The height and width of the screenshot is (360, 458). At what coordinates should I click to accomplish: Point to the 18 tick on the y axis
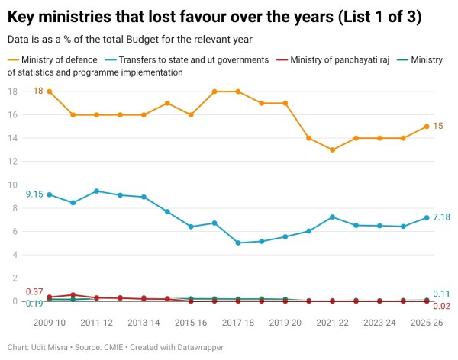point(12,92)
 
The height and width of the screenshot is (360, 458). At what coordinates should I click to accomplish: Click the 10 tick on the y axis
point(12,185)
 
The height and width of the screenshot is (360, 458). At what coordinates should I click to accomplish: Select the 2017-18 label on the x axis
point(238,323)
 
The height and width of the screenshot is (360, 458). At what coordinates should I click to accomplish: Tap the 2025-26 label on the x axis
point(427,323)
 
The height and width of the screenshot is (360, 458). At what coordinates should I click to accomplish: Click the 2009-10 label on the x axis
point(50,323)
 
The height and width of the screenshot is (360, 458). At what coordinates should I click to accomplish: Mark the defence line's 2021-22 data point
point(332,149)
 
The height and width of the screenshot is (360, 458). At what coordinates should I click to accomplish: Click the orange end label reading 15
point(438,127)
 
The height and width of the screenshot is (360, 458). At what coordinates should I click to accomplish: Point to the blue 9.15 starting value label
point(34,194)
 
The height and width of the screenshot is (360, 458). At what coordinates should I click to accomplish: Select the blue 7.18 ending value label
point(443,217)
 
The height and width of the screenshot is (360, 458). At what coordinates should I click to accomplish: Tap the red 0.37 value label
point(34,292)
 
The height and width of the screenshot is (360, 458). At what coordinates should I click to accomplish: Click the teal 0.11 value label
point(441,294)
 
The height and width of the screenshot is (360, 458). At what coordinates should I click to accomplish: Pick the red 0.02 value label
point(441,306)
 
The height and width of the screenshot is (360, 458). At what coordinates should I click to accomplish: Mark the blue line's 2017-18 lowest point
point(238,243)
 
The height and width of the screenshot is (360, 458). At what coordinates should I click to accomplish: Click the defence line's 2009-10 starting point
point(50,92)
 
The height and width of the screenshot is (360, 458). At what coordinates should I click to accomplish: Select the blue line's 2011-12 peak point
point(97,191)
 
